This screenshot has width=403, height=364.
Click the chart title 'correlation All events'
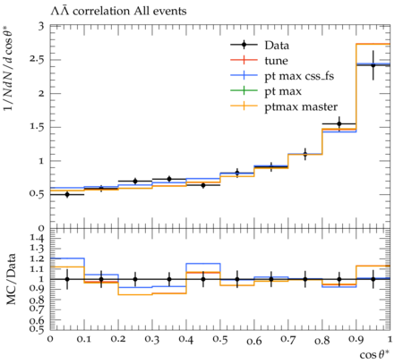pos(130,12)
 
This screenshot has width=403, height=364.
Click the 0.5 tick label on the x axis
pos(220,340)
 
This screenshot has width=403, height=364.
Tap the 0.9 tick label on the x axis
pos(356,340)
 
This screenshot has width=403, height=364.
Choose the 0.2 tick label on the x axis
pos(118,340)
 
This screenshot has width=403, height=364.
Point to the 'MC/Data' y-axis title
pos(11,279)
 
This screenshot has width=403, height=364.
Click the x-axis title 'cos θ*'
pos(374,354)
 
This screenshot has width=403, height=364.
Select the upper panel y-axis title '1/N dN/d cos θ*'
pos(9,68)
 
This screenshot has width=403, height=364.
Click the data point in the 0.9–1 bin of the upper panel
pos(373,65)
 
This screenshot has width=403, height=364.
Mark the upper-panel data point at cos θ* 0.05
pos(67,194)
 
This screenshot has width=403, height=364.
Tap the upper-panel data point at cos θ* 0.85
pos(339,123)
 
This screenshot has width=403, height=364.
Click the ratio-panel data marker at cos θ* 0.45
pos(203,279)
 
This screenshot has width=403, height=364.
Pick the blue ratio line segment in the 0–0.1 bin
pos(67,258)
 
